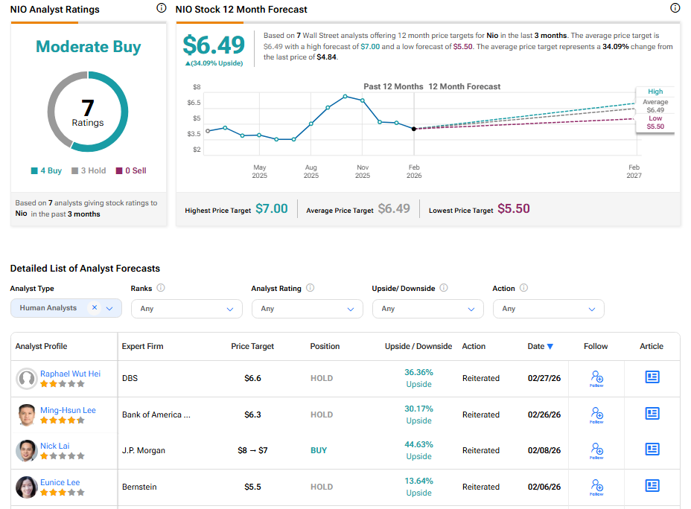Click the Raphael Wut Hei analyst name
tap(70, 374)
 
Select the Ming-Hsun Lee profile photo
tap(26, 414)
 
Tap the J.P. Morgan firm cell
tap(144, 450)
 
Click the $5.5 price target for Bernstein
tap(252, 487)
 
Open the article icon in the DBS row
tap(652, 377)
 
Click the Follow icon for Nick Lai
tap(596, 449)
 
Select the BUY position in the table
tap(319, 450)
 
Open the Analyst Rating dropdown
tap(307, 308)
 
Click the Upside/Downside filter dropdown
tap(427, 308)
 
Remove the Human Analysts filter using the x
tap(95, 307)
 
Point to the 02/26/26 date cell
tap(544, 414)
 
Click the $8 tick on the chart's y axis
tap(197, 87)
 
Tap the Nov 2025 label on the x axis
tap(363, 172)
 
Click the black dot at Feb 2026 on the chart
tap(414, 129)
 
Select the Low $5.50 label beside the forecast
tap(655, 123)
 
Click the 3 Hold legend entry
tap(89, 170)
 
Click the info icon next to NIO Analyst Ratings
tap(162, 8)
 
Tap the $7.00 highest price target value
tap(271, 209)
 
